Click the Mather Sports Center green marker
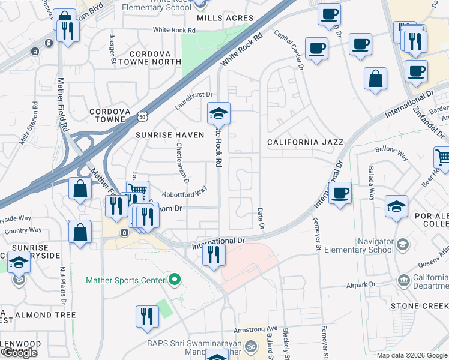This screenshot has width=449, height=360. click(175, 280)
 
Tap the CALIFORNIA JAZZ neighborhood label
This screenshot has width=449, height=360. click(305, 142)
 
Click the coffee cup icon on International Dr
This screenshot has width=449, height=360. click(340, 193)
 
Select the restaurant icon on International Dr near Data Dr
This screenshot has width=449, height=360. click(214, 255)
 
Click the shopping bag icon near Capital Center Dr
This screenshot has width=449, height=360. click(375, 79)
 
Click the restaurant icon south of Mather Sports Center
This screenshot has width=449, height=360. click(146, 316)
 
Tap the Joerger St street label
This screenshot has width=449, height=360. click(112, 49)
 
